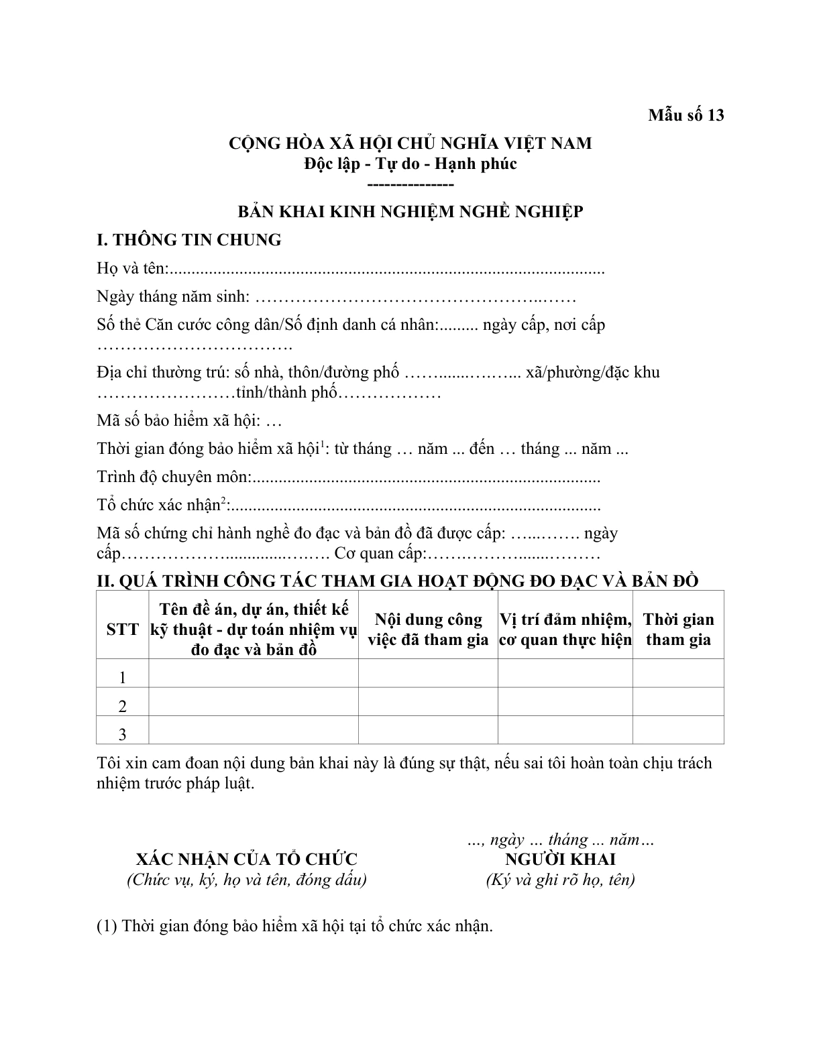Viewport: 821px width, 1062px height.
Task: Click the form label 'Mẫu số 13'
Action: [x=686, y=115]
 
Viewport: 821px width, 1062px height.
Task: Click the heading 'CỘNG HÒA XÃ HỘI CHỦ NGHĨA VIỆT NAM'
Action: [x=410, y=143]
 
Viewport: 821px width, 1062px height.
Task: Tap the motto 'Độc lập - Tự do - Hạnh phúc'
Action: [x=410, y=164]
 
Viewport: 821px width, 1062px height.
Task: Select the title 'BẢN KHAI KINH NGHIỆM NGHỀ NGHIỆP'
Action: [x=410, y=212]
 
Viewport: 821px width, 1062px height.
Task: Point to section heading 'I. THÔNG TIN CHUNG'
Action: [x=189, y=240]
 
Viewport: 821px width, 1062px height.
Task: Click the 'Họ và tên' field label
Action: [x=130, y=268]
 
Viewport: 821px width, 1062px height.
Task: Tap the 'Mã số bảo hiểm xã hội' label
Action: [x=178, y=420]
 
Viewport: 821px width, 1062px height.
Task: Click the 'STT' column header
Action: [x=122, y=630]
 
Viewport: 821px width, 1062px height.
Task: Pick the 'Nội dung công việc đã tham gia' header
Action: [x=428, y=630]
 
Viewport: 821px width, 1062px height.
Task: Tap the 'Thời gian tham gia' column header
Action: [x=678, y=630]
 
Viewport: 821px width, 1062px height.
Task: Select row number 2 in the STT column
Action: [x=122, y=706]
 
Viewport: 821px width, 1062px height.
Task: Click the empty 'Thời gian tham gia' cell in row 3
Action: [x=678, y=730]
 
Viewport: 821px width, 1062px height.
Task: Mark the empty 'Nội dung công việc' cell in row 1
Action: [x=428, y=673]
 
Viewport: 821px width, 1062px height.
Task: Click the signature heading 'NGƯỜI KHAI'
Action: [x=560, y=859]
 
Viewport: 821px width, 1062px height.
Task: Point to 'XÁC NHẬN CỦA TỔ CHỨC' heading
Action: [x=247, y=859]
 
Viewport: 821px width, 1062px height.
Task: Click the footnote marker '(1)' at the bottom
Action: [x=107, y=927]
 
